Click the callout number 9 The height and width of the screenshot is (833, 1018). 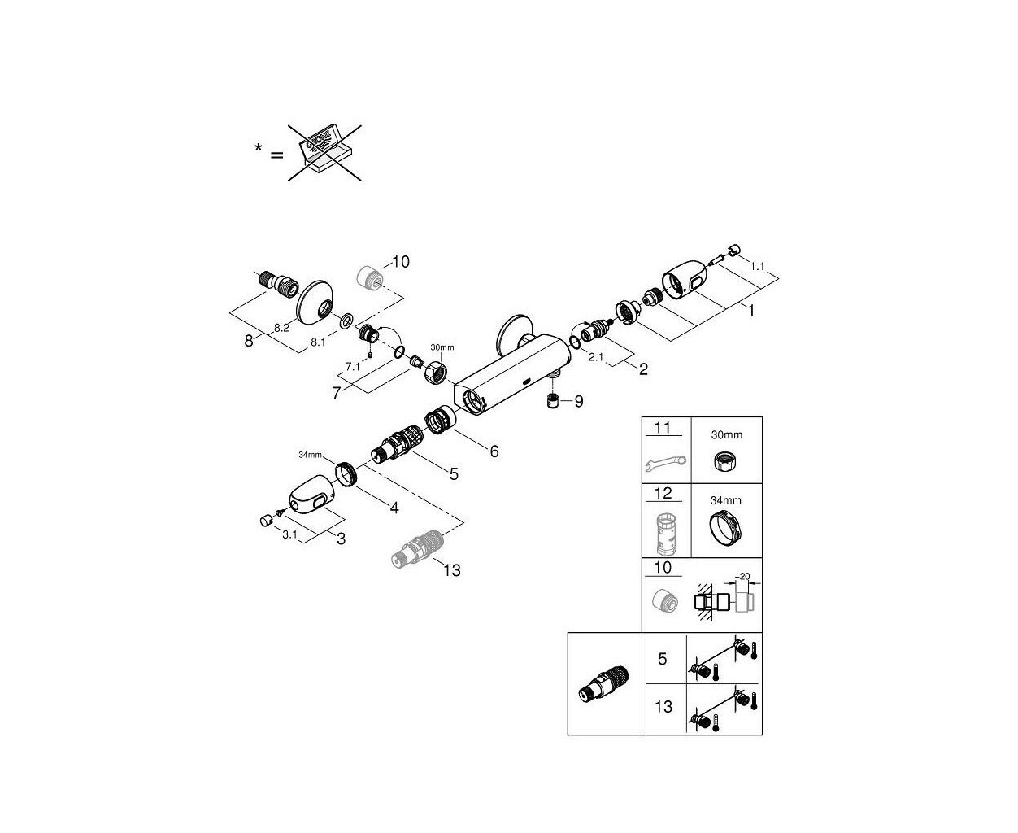tap(578, 401)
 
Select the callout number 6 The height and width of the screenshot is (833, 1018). tap(494, 451)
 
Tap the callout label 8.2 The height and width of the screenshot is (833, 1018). tap(281, 328)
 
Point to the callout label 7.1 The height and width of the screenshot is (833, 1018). tap(352, 367)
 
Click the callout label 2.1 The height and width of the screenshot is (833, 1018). tap(596, 357)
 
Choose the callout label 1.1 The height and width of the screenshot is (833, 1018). tap(757, 266)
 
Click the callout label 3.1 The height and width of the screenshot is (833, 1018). tap(289, 534)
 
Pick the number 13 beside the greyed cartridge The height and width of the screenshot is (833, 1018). tap(452, 570)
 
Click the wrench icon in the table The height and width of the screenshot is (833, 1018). tap(666, 463)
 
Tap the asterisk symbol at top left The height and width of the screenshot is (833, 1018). tap(259, 146)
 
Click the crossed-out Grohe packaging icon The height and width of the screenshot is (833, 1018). tap(324, 153)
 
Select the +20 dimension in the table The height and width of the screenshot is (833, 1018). tap(742, 576)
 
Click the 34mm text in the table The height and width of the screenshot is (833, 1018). tap(725, 500)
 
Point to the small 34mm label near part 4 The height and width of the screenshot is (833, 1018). tap(310, 455)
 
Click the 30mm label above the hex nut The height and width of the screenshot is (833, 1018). tap(442, 347)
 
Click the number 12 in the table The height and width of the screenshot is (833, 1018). tap(663, 493)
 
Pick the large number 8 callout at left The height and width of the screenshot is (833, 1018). tap(249, 341)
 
